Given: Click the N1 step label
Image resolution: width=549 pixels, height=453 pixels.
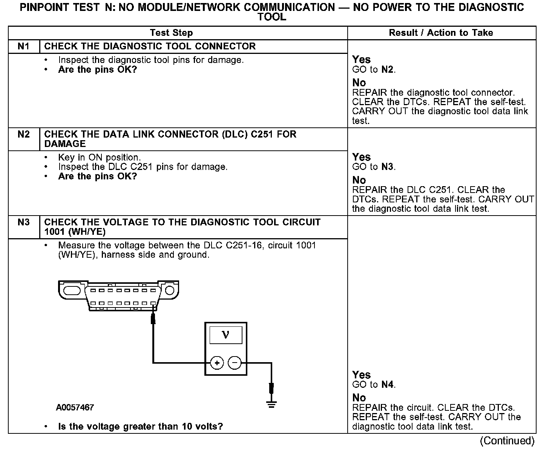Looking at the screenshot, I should (23, 46).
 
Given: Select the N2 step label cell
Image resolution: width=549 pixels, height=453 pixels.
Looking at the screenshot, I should (23, 135).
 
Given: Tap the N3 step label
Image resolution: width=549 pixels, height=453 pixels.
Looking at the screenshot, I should (23, 222).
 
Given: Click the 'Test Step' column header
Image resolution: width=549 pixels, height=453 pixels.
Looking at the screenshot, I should (171, 33).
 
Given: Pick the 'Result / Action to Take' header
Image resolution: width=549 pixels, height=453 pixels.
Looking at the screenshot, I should (441, 33).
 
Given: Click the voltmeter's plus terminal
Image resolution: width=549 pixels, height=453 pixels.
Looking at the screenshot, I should (217, 363).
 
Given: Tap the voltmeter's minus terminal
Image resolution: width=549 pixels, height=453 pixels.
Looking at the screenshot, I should (235, 363).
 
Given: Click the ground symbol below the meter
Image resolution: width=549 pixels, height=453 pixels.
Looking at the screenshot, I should (271, 404).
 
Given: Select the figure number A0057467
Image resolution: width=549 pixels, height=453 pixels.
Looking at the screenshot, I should (75, 407).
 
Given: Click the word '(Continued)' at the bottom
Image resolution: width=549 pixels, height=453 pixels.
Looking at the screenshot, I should (507, 441).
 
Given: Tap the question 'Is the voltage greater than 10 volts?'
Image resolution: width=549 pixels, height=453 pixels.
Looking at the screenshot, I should (140, 427).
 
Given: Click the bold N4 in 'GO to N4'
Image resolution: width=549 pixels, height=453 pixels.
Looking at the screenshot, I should (388, 385).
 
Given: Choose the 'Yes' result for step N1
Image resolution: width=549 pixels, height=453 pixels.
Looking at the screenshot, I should (361, 60).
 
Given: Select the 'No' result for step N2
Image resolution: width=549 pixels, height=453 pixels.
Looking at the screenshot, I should (359, 180).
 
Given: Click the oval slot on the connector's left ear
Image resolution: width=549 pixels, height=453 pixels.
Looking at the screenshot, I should (72, 291).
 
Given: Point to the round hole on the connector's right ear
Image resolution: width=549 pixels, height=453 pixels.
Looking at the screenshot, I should (170, 290).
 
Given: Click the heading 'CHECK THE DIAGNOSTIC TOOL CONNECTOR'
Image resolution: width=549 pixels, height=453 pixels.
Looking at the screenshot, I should (150, 46).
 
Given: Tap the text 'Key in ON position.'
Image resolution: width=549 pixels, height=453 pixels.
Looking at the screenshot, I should (99, 158).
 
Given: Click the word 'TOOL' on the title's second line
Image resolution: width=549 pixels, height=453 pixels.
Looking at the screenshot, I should (271, 17).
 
